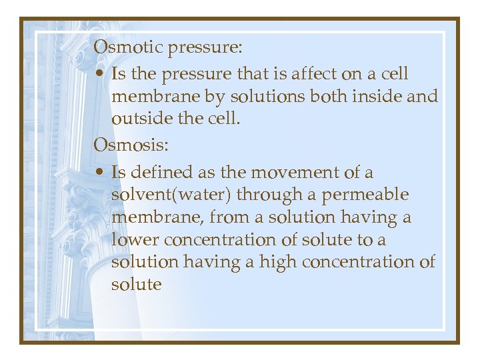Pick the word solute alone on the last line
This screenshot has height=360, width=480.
137,285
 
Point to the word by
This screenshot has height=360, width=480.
215,96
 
